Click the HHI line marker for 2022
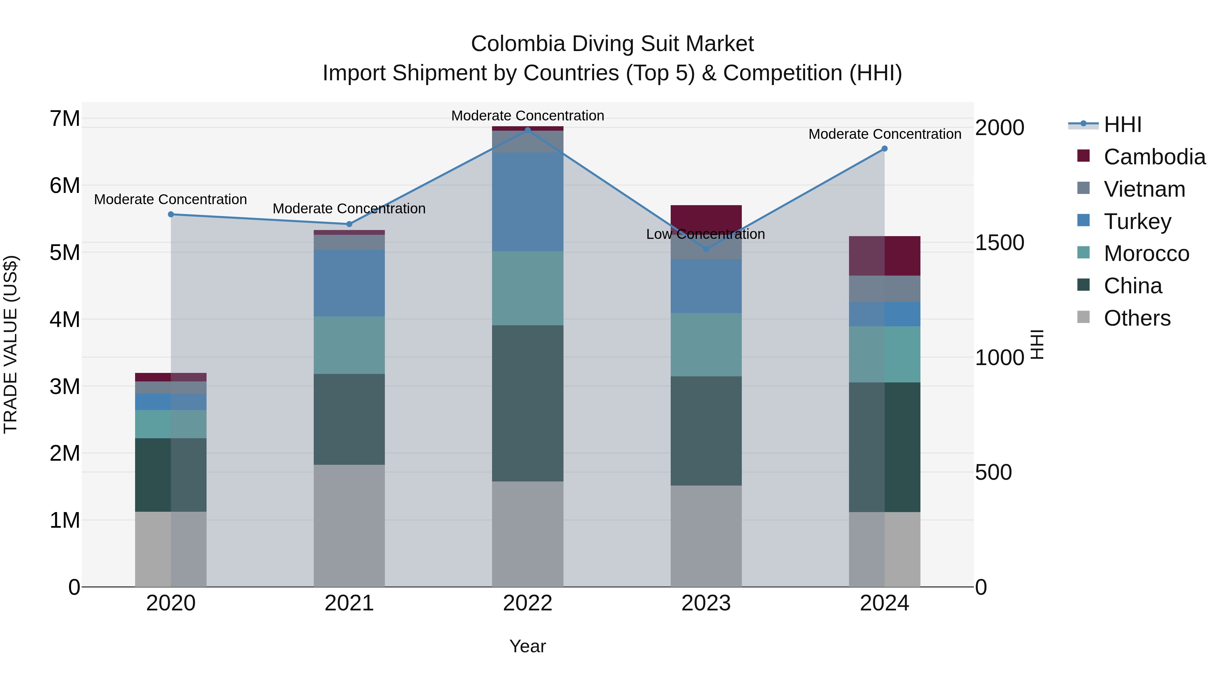click(527, 130)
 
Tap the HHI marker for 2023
click(706, 249)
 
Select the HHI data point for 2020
click(171, 214)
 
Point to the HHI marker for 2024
click(884, 149)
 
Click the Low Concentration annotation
click(705, 234)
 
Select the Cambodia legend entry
click(1154, 157)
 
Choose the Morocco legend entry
click(1146, 253)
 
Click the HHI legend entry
click(1122, 125)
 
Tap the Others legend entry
click(1137, 318)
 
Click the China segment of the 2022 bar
click(527, 403)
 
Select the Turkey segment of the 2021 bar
click(349, 283)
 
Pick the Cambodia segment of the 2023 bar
click(706, 216)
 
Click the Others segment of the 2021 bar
click(349, 525)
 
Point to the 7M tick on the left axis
click(65, 118)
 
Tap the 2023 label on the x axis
click(706, 603)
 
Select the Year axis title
click(527, 646)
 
